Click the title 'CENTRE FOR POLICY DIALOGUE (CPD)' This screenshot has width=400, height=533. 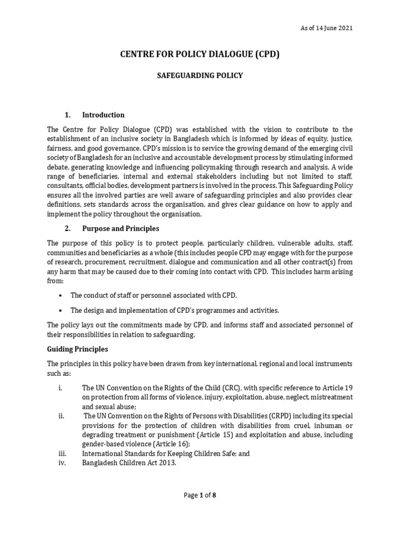pos(200,54)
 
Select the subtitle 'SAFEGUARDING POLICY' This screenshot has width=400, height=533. pos(200,75)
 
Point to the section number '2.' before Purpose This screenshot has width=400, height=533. pos(67,229)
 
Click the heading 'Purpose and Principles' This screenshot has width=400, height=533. pos(120,229)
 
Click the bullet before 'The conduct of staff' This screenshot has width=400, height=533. pos(61,295)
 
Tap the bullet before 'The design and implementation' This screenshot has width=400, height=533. pos(61,310)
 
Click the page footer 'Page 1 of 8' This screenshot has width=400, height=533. pos(200,495)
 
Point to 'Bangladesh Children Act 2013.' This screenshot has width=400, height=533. pos(129,463)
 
